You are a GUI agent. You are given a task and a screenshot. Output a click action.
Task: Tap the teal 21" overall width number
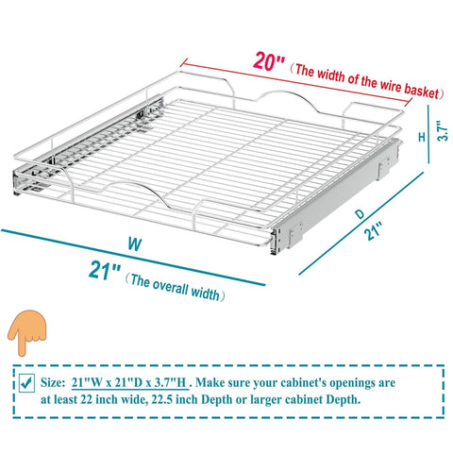105,270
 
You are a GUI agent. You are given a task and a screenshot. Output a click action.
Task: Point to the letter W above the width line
135,244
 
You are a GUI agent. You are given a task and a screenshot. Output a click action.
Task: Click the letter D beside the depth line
360,214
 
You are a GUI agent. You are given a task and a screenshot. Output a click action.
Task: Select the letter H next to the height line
422,137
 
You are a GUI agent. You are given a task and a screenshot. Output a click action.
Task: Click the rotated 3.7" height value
443,131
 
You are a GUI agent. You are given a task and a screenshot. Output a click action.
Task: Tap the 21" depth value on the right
373,230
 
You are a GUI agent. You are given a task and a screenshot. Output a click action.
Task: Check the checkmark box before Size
26,382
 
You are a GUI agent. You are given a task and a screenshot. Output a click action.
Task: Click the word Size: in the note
53,382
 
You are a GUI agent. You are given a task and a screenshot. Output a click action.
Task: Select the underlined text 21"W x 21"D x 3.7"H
129,383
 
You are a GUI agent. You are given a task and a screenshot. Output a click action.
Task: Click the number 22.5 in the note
162,399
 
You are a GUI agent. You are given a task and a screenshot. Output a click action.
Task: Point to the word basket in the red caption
421,91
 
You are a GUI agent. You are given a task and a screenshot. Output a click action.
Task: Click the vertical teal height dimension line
428,134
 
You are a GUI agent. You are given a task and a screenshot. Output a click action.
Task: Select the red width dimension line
296,83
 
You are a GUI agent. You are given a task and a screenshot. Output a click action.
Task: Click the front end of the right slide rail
276,242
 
